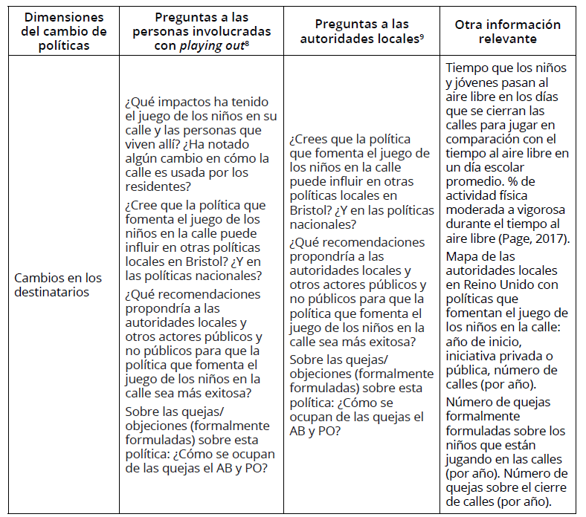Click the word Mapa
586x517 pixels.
point(460,257)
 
